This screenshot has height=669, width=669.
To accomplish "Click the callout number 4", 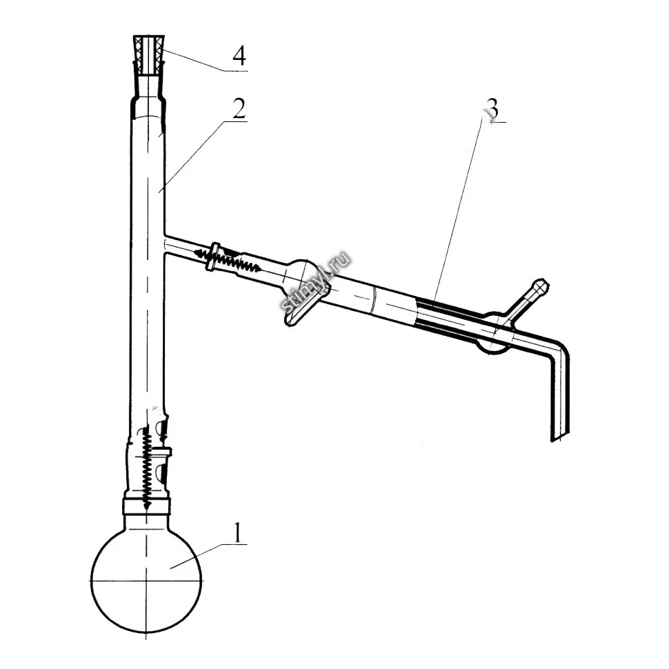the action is [x=239, y=56].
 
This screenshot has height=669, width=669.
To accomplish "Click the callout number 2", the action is [x=239, y=108].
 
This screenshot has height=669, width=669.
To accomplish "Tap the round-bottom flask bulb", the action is [x=146, y=581].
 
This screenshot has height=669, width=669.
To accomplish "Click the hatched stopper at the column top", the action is [x=149, y=57].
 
